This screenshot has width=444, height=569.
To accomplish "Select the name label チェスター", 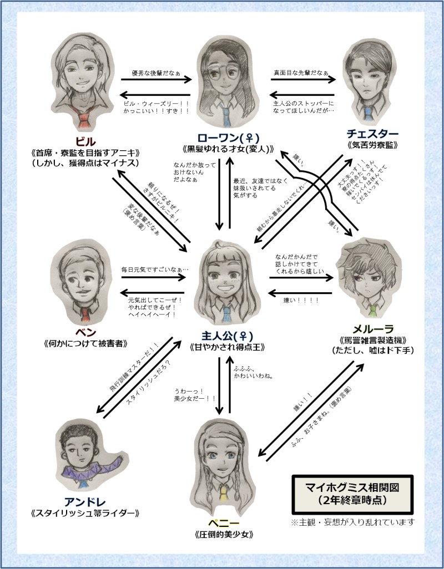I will pyautogui.click(x=372, y=134).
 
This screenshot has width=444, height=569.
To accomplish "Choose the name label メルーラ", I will pyautogui.click(x=372, y=327).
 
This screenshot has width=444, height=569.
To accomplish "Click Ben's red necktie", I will pyautogui.click(x=84, y=313).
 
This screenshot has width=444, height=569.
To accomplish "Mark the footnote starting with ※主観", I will pyautogui.click(x=353, y=522).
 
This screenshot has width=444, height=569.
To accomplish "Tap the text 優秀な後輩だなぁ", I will pyautogui.click(x=155, y=73).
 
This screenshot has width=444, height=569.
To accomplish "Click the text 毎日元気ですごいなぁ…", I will pyautogui.click(x=155, y=269).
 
